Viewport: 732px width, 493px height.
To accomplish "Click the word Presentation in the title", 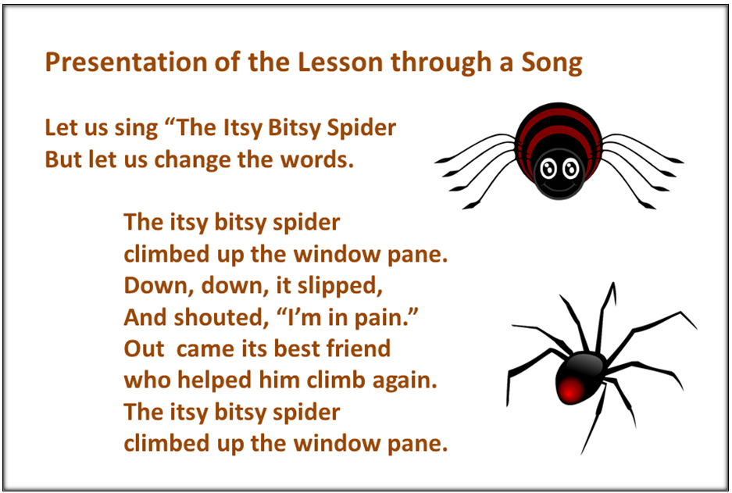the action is (126, 62).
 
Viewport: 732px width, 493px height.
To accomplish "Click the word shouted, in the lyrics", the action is (222, 317).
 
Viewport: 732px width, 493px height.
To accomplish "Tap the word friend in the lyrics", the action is (359, 348).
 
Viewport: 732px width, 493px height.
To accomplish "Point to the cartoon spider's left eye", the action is (548, 168).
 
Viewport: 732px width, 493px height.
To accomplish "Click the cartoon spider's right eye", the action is (570, 168).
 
